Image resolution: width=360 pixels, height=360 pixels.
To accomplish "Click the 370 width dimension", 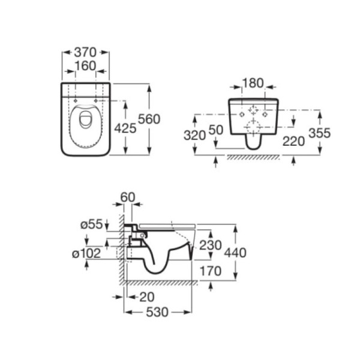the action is click(x=85, y=52).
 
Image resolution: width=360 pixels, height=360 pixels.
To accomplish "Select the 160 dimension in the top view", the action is click(x=85, y=66).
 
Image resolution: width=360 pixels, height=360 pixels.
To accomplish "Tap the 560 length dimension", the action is click(x=149, y=119).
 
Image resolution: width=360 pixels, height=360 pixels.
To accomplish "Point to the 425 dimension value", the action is click(x=125, y=128).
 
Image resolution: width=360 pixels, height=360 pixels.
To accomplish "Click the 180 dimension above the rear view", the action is click(x=253, y=83).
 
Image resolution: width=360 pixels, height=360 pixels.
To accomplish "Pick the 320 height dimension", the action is click(x=194, y=135).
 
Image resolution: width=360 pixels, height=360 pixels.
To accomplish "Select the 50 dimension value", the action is click(x=216, y=130).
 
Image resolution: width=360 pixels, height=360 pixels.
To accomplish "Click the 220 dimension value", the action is click(x=293, y=141).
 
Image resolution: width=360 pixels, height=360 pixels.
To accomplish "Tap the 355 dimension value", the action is click(x=320, y=133).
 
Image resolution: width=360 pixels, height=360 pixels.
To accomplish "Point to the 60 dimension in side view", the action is click(x=128, y=197).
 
